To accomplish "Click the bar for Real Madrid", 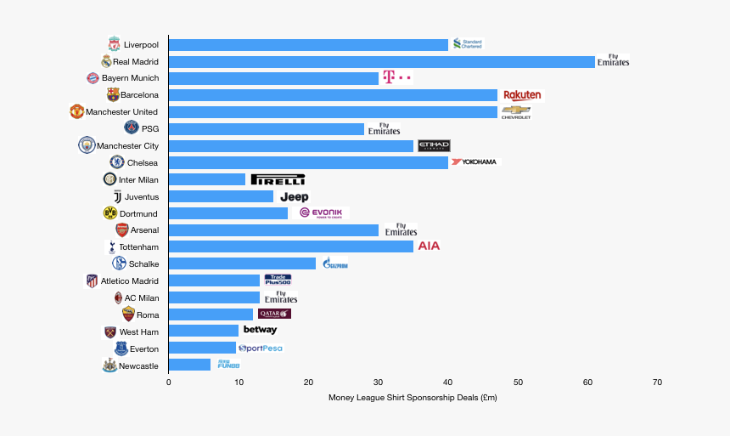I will pos(382,61).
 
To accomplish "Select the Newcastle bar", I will pos(189,365).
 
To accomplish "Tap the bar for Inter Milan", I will pos(207,179).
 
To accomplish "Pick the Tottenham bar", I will pos(291,246).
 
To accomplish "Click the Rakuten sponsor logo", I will pos(522,95).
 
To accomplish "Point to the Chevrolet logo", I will pos(516,112).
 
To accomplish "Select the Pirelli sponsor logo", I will pos(278,179).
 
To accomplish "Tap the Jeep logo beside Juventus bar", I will pos(295,196).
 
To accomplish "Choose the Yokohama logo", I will pos(474,161).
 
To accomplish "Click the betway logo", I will pos(260,330).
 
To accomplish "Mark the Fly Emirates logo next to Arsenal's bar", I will pos(401,229).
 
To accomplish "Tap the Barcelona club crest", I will pos(113,94).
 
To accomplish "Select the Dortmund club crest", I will pos(109,212).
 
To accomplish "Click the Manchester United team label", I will pos(121,112).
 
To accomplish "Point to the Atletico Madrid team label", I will pos(130,280).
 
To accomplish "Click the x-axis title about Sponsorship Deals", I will pos(413,398).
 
